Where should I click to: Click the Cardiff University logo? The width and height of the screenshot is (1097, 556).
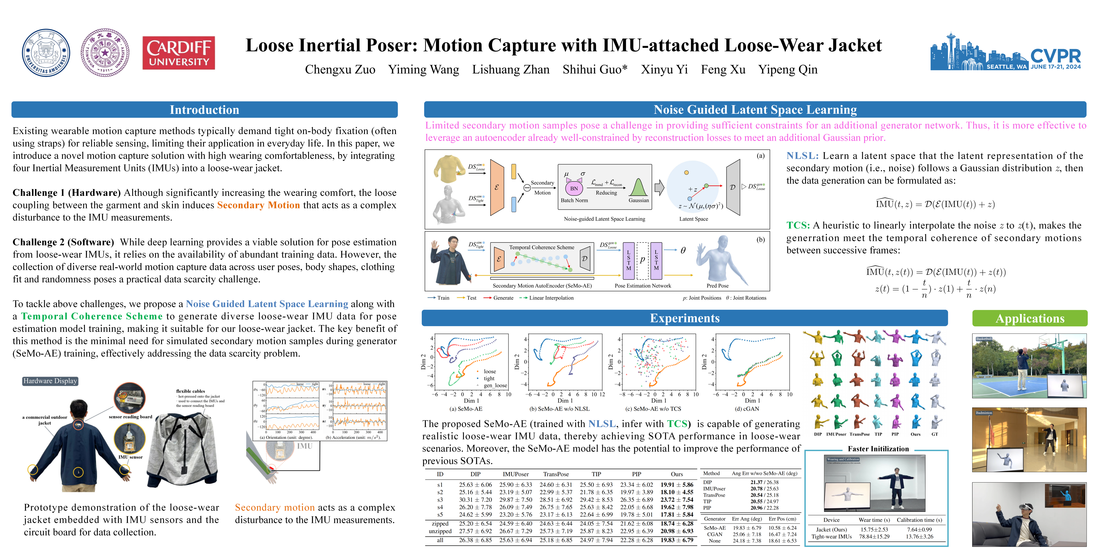[178, 53]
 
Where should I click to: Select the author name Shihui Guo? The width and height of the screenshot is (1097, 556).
[595, 69]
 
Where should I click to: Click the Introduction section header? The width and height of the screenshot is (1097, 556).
[204, 110]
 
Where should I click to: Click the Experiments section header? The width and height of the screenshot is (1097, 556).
[684, 319]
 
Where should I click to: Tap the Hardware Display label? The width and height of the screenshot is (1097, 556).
[50, 381]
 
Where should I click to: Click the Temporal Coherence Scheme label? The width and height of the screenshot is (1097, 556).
[541, 247]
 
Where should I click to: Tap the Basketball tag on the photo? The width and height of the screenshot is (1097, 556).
[984, 339]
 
